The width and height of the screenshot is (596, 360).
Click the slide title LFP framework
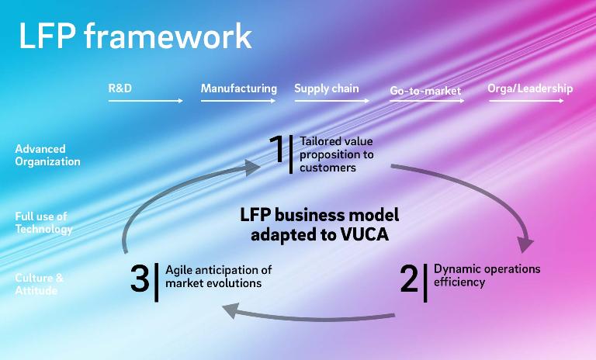(x=135, y=36)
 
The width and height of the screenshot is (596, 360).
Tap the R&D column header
(x=120, y=88)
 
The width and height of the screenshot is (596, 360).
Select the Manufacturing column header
(x=238, y=88)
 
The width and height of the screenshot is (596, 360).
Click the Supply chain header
(x=327, y=88)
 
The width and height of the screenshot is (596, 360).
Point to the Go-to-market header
(x=425, y=91)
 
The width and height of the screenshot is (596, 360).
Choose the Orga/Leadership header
(x=530, y=88)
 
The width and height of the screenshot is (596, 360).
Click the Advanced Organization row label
(x=47, y=155)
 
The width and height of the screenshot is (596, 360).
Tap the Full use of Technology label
(x=43, y=223)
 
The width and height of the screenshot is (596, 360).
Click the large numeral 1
(x=276, y=150)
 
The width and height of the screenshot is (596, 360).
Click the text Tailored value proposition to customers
(x=336, y=154)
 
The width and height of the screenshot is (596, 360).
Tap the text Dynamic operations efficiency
(x=487, y=275)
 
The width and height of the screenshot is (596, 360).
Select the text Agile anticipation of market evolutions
(x=218, y=277)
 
